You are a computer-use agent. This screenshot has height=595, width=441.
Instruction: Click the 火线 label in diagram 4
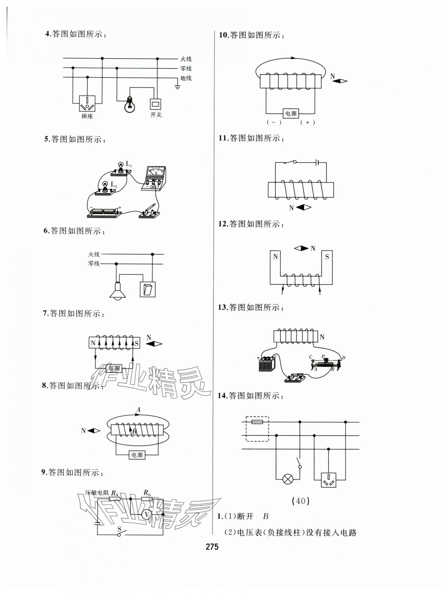186,59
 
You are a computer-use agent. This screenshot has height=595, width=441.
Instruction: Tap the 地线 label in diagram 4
186,78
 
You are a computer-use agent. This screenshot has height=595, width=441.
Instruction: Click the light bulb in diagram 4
130,105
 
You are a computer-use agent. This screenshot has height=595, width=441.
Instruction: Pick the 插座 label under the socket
87,116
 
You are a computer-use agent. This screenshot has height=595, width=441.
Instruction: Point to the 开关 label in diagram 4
156,115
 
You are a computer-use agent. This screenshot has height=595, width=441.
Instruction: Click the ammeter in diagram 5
154,178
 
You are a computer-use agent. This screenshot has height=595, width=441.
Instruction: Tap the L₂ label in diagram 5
114,184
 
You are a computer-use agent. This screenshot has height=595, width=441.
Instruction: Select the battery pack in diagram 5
104,212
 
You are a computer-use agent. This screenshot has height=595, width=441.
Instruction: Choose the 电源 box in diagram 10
291,114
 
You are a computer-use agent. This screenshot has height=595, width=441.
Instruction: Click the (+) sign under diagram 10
308,123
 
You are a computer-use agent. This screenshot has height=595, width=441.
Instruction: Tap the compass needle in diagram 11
304,207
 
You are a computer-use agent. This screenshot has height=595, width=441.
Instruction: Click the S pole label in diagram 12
327,257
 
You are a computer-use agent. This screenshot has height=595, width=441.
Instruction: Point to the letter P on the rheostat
323,356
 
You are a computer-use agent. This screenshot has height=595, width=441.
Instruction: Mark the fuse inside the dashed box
257,422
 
